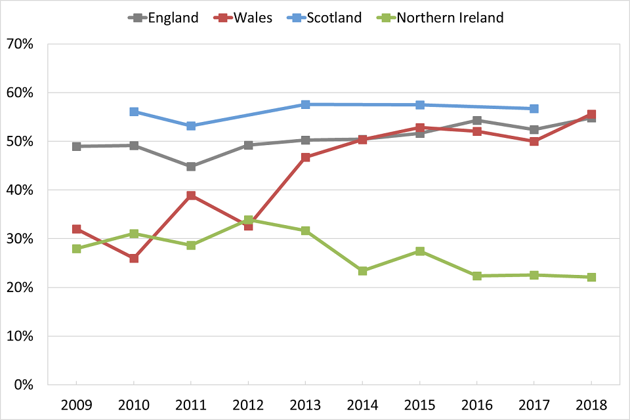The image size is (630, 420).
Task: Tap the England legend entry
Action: pos(164,18)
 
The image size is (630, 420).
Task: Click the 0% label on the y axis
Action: pos(24,385)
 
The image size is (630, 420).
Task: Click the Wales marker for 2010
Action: pos(134,259)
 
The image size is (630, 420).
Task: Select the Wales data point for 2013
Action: pos(305,157)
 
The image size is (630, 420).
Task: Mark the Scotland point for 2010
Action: pos(134,112)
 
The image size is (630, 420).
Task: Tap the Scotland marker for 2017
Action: pos(534,108)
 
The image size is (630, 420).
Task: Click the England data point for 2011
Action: pos(191,167)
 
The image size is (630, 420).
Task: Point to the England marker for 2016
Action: pos(477,120)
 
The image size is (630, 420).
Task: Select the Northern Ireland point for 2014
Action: pos(362,270)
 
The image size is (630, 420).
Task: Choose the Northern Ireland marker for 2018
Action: pos(591,277)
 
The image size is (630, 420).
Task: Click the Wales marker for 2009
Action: pos(77,229)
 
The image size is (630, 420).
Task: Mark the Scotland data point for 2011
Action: pos(191,125)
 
